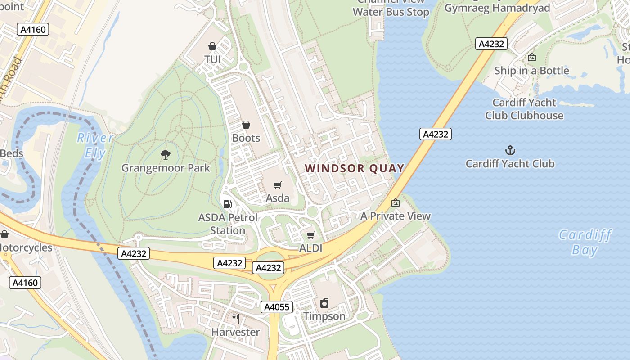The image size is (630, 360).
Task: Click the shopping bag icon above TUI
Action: coord(212,46)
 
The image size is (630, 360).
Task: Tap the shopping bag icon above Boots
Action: coord(246,125)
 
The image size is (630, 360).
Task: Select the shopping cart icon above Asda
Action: coord(278,185)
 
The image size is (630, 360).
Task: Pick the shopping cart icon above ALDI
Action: coord(310,235)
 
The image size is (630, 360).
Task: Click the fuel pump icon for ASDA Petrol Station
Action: coord(228,204)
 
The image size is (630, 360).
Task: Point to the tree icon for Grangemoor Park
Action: coord(166,155)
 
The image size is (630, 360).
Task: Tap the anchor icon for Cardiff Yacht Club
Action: coord(510,150)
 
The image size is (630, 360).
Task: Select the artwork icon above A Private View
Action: coord(396,203)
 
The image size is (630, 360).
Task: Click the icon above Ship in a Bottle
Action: coord(531,57)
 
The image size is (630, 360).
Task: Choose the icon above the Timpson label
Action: coord(324,303)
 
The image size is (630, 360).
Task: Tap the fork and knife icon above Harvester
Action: coord(236,319)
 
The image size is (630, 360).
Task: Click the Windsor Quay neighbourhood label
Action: coord(355,168)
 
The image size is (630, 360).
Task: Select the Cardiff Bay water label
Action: coord(585,242)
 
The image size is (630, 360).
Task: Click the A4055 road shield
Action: coord(277,307)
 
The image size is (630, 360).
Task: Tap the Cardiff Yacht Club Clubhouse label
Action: coord(524,109)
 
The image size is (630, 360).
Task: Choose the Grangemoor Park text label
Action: coord(166,168)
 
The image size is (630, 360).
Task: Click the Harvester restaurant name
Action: coord(236,332)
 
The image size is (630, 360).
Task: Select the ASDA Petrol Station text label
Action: coord(228,224)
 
